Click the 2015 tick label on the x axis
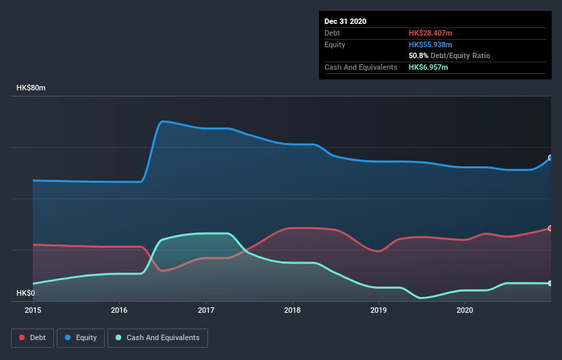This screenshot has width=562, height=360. tap(33, 311)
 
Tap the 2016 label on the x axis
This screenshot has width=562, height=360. tap(120, 311)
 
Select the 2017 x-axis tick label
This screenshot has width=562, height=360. tap(206, 311)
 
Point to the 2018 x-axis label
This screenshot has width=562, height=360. tap(292, 311)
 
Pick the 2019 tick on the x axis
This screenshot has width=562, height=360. tap(379, 311)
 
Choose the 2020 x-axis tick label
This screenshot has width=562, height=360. tap(465, 311)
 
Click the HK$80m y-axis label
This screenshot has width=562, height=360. tap(31, 88)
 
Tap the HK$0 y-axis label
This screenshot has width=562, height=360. tap(26, 294)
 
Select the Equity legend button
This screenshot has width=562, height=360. tap(81, 337)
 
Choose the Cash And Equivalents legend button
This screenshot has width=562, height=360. tap(157, 337)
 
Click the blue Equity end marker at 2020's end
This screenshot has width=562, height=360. tap(550, 157)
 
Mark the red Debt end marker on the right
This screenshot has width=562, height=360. tap(550, 228)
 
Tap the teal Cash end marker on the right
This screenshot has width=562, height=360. tap(550, 283)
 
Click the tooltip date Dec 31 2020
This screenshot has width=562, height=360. tap(346, 21)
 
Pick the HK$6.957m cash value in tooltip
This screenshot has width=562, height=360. tap(429, 67)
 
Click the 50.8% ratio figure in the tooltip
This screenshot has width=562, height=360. tap(418, 55)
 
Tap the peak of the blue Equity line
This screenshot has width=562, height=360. tap(162, 122)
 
